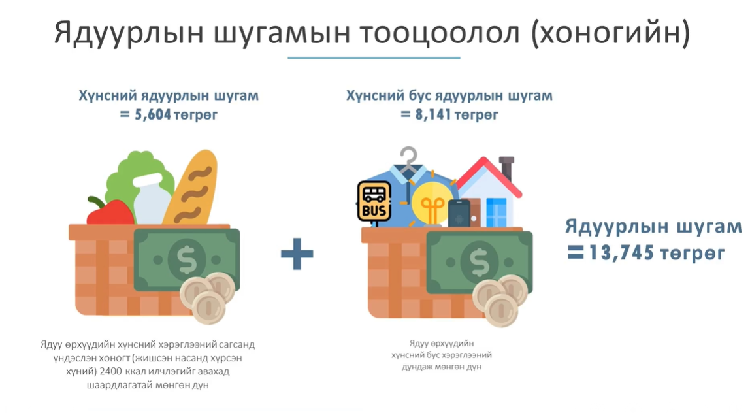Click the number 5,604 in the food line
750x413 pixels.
click(153, 115)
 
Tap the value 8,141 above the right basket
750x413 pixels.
click(433, 115)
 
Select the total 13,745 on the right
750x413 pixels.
click(621, 252)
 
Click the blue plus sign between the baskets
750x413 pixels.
click(297, 254)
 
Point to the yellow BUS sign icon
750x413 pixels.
click(374, 201)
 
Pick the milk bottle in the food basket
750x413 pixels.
click(152, 199)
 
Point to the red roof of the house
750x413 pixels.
click(488, 176)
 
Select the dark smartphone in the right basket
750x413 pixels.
click(459, 214)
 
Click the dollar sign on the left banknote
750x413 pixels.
click(187, 260)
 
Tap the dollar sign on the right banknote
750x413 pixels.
click(479, 262)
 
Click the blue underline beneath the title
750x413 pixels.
click(374, 58)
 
